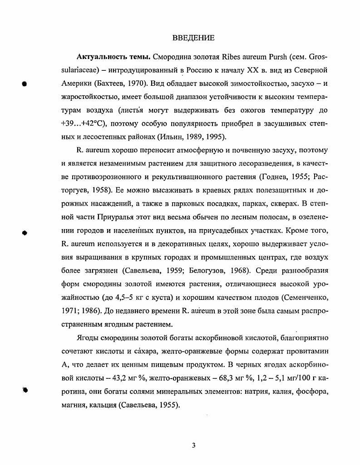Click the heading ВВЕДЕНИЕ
tap(194, 38)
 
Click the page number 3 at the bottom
tap(194, 445)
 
